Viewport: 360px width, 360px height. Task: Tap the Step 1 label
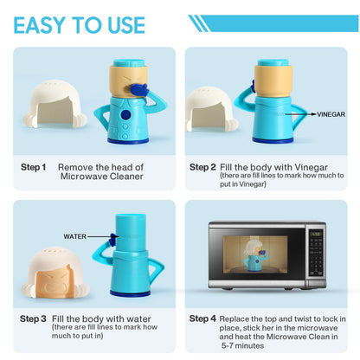tap(33, 167)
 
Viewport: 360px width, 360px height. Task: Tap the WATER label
tap(74, 236)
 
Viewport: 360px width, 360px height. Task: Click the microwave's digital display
tap(316, 234)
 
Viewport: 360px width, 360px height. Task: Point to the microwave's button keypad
tap(316, 258)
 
